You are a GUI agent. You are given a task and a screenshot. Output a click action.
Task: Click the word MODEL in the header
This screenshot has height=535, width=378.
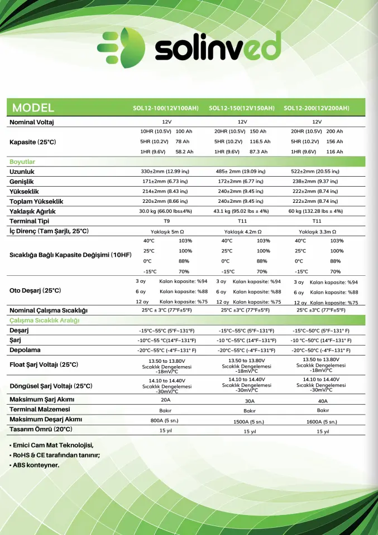click(x=33, y=108)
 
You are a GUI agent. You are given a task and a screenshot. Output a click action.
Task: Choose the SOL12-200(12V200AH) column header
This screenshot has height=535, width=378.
click(x=317, y=108)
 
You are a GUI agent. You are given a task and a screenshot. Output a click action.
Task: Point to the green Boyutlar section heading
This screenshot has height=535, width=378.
click(x=22, y=162)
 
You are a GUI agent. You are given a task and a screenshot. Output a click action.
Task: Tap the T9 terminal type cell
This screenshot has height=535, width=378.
click(x=166, y=221)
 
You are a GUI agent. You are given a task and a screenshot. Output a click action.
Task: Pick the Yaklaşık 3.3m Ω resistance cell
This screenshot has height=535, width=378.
click(x=317, y=231)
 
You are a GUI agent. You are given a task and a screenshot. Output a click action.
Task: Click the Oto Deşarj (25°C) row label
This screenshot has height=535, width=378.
click(x=35, y=290)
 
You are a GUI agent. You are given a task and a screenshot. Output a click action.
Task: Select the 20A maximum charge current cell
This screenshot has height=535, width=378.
click(x=166, y=400)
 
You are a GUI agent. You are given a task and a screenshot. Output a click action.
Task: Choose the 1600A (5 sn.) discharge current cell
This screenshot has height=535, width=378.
click(x=323, y=421)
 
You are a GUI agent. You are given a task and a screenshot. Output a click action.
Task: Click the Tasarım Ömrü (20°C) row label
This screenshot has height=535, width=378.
click(x=41, y=430)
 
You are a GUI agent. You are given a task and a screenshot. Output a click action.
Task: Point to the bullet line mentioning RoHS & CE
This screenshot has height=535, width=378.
click(x=55, y=455)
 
